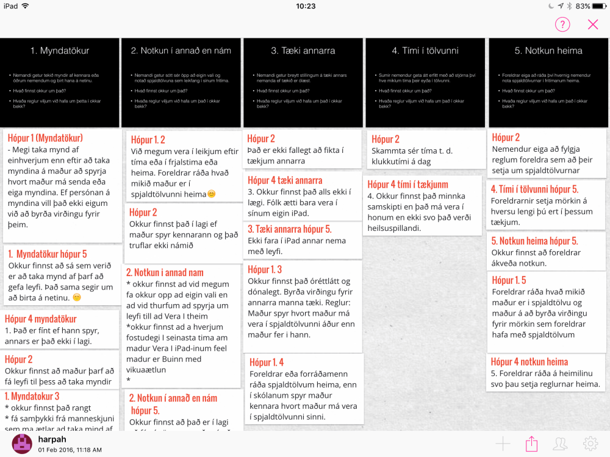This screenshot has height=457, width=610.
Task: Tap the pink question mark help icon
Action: (x=562, y=24)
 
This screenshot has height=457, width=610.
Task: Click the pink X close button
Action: (x=593, y=24)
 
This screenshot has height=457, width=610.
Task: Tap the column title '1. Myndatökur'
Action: (x=60, y=51)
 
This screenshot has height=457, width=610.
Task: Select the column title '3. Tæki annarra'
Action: (x=303, y=51)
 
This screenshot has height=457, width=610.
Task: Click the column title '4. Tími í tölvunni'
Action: (x=425, y=51)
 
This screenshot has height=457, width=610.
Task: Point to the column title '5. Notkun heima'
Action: (x=548, y=51)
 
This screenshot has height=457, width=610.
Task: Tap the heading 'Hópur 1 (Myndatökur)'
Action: (x=45, y=138)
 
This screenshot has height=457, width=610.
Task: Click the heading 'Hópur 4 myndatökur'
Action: (x=41, y=319)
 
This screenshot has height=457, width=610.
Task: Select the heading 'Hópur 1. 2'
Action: (x=148, y=140)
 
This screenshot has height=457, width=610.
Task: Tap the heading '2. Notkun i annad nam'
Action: (x=165, y=272)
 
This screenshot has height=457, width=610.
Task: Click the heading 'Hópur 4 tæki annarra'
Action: (x=285, y=180)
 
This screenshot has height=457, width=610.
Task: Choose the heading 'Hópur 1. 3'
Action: (x=265, y=269)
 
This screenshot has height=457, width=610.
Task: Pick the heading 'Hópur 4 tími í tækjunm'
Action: (x=408, y=184)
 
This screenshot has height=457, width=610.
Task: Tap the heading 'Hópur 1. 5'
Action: (x=509, y=280)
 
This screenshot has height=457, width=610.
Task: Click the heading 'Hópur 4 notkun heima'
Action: (x=529, y=361)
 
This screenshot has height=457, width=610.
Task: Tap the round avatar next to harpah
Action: (x=22, y=444)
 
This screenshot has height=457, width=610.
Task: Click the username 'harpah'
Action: (x=52, y=439)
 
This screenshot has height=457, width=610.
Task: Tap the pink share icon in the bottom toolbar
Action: (x=532, y=444)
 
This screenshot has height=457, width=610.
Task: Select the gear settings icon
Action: (x=590, y=444)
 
